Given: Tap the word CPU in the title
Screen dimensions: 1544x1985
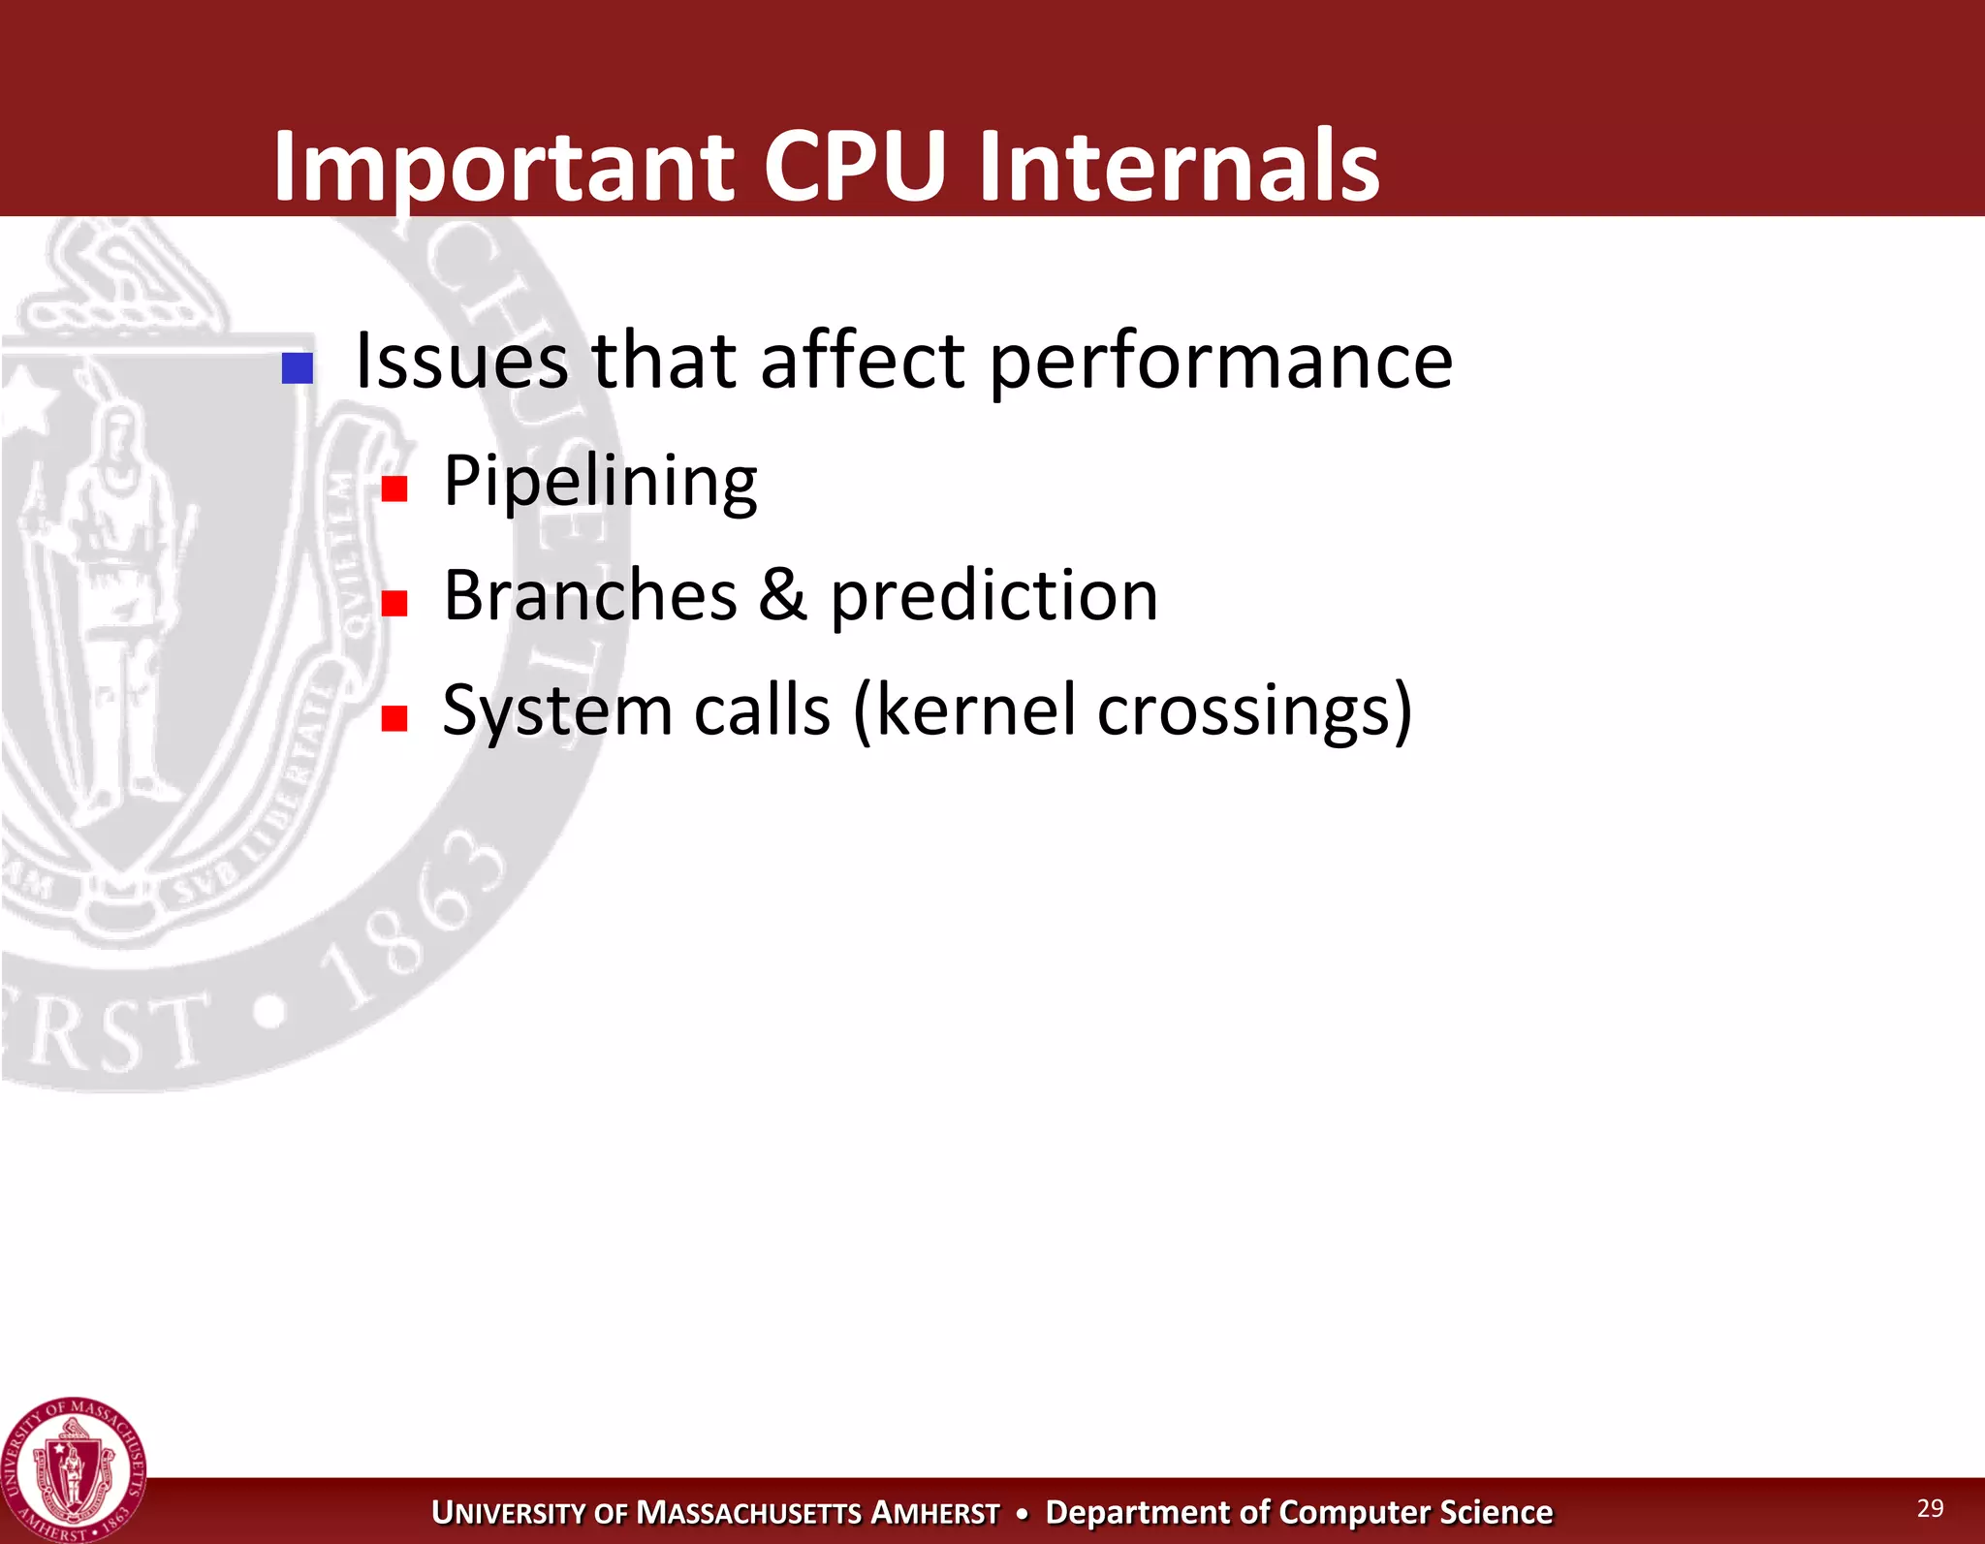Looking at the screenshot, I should click(854, 167).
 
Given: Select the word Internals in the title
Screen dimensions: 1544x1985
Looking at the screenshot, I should click(1179, 167).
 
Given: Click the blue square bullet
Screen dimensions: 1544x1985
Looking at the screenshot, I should click(297, 368).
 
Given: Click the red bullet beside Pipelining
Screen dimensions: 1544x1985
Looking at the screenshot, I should click(394, 488).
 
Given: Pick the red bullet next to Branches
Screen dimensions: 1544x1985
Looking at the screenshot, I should click(394, 603).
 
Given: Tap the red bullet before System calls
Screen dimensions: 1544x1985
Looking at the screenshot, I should click(394, 718).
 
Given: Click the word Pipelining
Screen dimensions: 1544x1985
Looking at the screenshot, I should click(600, 482).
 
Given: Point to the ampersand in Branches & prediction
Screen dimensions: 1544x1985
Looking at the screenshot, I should click(782, 595).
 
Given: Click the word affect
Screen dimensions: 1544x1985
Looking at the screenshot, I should click(862, 361).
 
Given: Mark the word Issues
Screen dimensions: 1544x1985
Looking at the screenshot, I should click(461, 361).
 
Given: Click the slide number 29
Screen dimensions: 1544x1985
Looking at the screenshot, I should click(1930, 1507).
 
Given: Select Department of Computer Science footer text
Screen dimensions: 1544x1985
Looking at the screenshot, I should click(1299, 1512).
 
